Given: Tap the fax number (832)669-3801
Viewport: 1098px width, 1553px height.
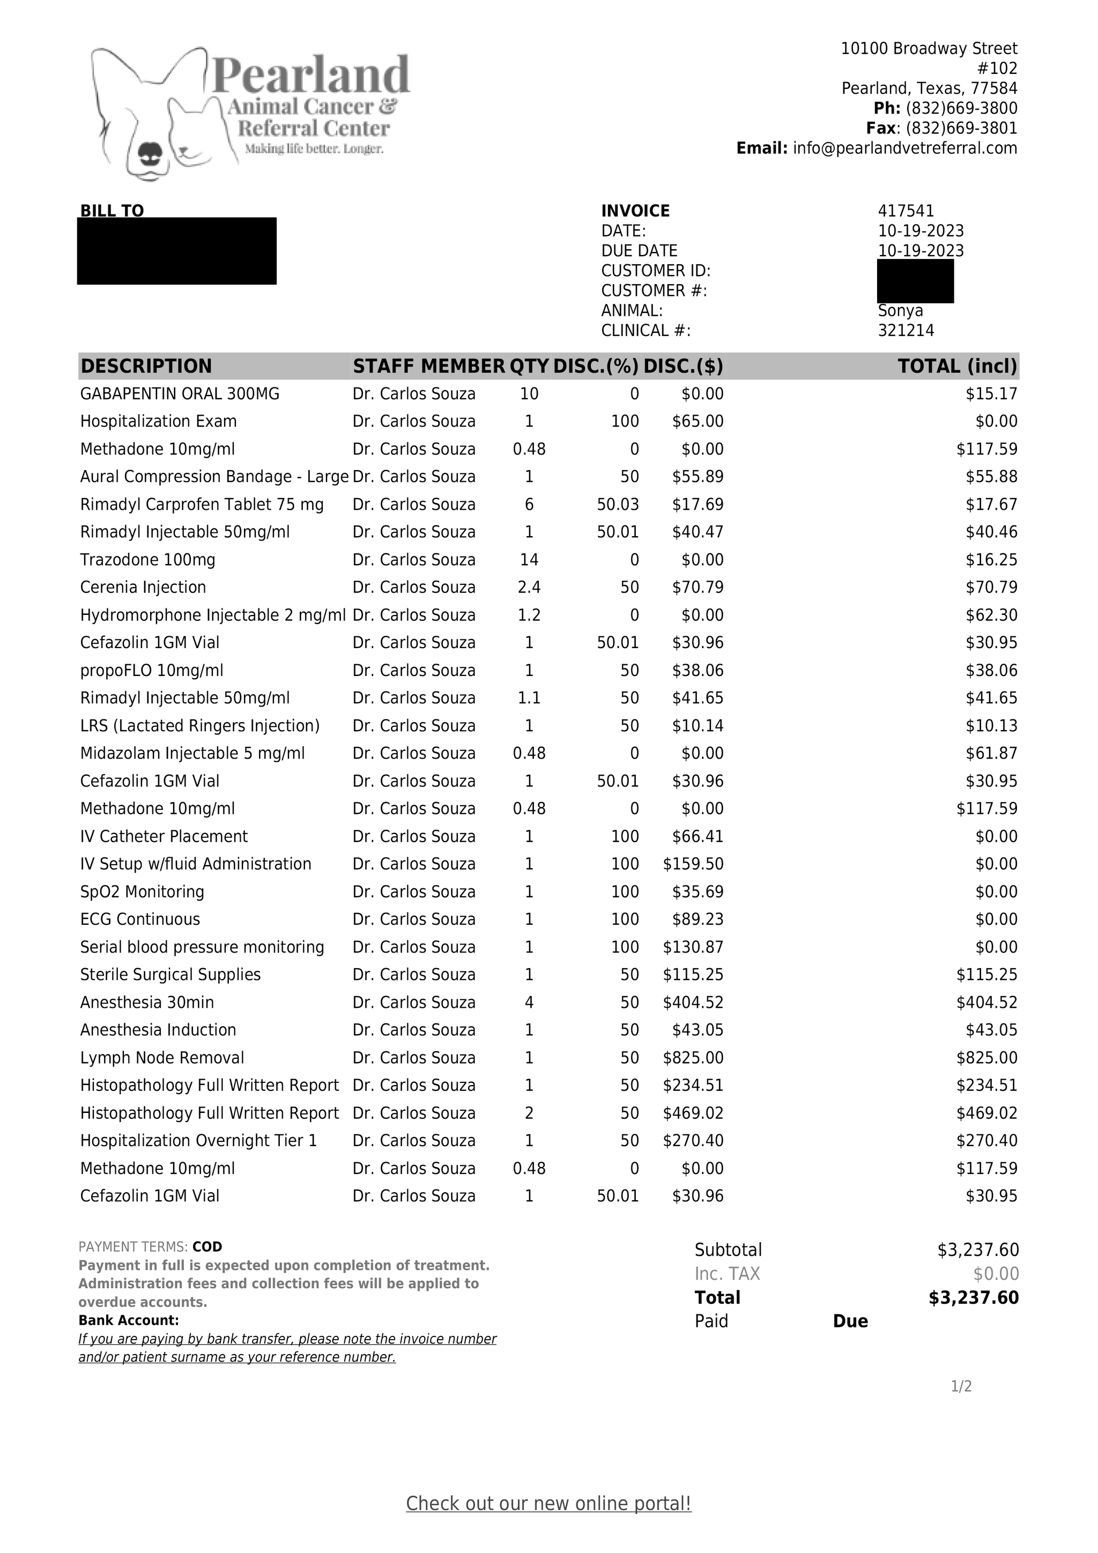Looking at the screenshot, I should [961, 129].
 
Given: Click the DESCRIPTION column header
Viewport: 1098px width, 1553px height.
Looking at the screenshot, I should [146, 366].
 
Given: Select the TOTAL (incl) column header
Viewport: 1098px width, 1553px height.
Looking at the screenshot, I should [956, 366].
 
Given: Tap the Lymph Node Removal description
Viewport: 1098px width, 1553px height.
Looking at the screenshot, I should [162, 1057].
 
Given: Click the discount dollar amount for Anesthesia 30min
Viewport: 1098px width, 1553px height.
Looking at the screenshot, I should [693, 1002].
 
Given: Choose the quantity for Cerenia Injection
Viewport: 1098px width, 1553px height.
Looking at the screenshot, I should [529, 587].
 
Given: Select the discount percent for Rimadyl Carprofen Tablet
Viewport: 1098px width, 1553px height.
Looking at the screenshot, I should [617, 504].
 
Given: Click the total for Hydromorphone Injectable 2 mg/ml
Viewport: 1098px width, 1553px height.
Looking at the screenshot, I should [991, 615].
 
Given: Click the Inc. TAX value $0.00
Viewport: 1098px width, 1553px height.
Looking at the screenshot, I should [996, 1274].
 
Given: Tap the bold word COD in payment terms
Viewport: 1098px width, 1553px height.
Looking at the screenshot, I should [207, 1246].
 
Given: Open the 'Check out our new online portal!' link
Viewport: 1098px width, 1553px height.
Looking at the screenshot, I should [548, 1503].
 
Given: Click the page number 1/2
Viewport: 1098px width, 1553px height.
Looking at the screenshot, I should [961, 1387].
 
